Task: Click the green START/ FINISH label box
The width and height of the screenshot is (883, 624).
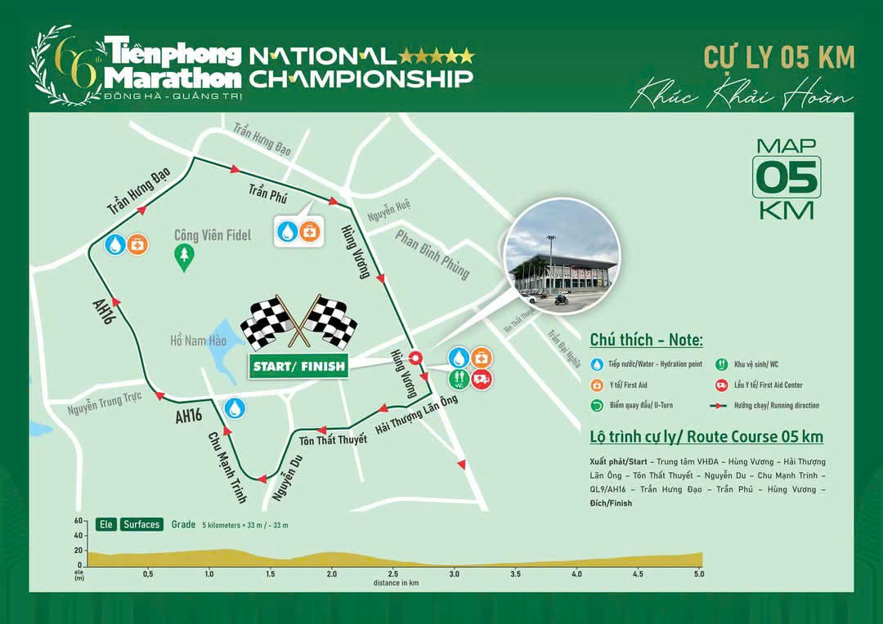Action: pyautogui.click(x=298, y=366)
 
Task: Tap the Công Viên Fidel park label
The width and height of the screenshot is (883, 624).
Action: pyautogui.click(x=213, y=235)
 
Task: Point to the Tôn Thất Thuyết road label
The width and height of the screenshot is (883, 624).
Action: pyautogui.click(x=333, y=439)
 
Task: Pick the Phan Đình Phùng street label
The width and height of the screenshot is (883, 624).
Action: pyautogui.click(x=433, y=254)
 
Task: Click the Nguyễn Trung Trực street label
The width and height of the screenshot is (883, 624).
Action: pyautogui.click(x=105, y=401)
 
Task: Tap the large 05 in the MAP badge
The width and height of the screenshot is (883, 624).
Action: pyautogui.click(x=786, y=176)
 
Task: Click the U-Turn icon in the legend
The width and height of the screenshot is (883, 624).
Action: pyautogui.click(x=597, y=405)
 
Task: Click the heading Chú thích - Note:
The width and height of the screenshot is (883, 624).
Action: pyautogui.click(x=646, y=340)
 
